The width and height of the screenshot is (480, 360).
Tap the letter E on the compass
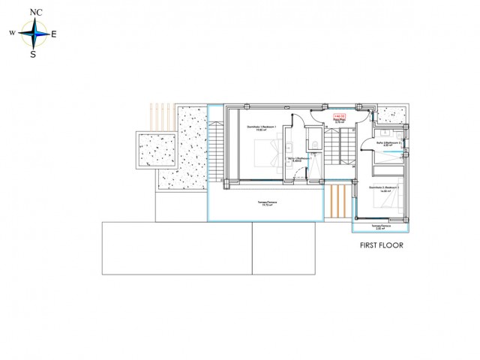click(x=53, y=34)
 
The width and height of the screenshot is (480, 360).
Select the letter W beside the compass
click(x=12, y=34)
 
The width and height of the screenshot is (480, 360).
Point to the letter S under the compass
click(x=32, y=54)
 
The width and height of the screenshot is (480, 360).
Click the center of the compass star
click(x=32, y=34)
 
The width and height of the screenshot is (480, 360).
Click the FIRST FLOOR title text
click(x=382, y=245)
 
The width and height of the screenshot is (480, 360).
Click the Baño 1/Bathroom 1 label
click(x=298, y=159)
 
